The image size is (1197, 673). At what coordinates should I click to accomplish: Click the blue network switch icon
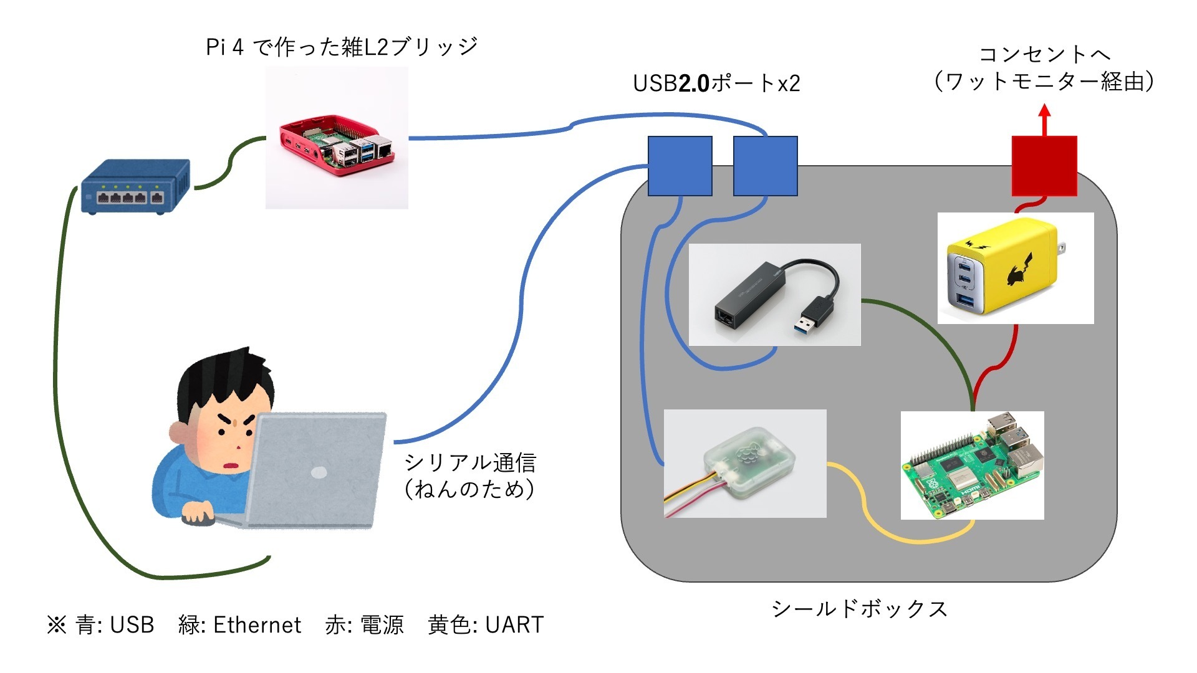tap(135, 187)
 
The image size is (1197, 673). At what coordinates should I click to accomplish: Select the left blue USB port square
tap(680, 166)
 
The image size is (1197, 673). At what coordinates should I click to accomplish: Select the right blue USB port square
tap(765, 166)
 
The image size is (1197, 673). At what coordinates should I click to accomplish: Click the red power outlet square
tap(1044, 166)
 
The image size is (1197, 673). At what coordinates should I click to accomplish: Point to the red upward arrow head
tap(1045, 112)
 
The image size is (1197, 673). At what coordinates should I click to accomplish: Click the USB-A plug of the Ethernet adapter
tap(814, 315)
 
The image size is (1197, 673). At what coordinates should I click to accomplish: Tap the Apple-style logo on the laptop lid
tap(319, 472)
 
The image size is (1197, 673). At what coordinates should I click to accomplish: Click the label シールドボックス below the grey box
tap(859, 609)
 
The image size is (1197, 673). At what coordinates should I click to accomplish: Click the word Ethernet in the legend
tap(257, 625)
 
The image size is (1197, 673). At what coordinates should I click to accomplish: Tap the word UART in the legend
tap(514, 625)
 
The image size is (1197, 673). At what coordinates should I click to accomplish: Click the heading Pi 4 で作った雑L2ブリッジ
tap(342, 47)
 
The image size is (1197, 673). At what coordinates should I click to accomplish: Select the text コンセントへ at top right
tap(1044, 54)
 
